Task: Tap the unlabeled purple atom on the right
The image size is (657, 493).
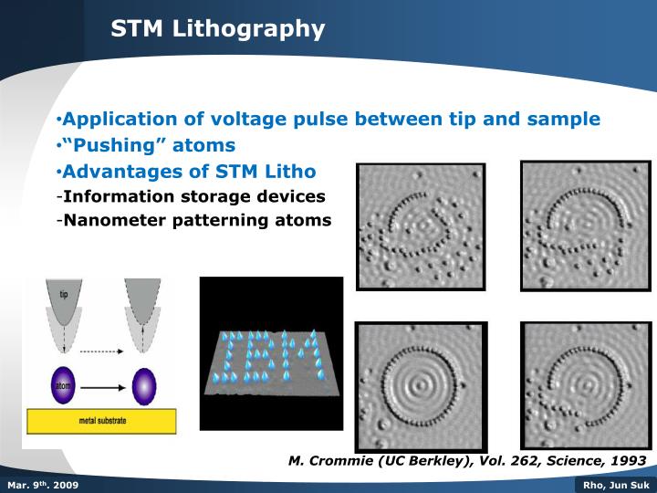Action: tap(143, 385)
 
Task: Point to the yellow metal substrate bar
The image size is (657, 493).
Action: tap(101, 421)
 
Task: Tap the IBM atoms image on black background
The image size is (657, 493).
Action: tap(271, 353)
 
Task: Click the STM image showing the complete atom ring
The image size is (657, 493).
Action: tap(421, 386)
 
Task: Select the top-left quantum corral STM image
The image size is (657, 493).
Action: tap(421, 226)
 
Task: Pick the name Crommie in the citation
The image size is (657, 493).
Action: tap(338, 461)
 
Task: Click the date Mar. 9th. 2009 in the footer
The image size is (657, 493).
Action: tap(42, 485)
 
